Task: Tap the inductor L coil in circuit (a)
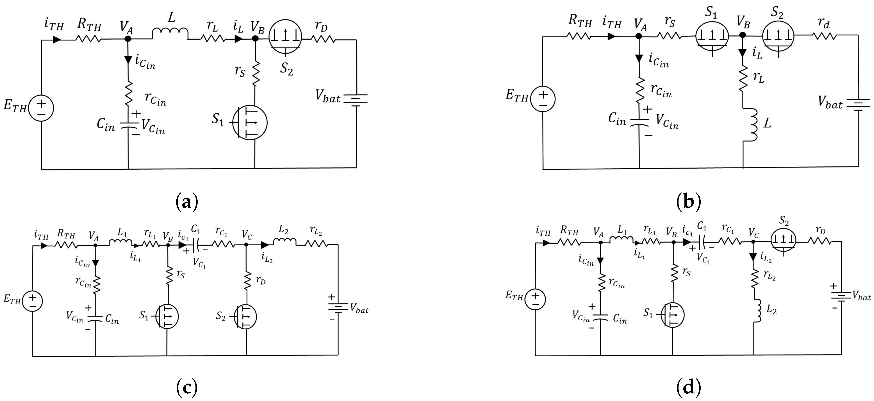tap(170, 33)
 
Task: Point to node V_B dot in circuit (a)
tap(255, 39)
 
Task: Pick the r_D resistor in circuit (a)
tap(323, 39)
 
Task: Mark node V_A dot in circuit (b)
tap(639, 36)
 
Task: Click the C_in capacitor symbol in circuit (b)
tap(639, 122)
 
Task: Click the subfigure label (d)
tap(688, 387)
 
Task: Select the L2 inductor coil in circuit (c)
tap(284, 241)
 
